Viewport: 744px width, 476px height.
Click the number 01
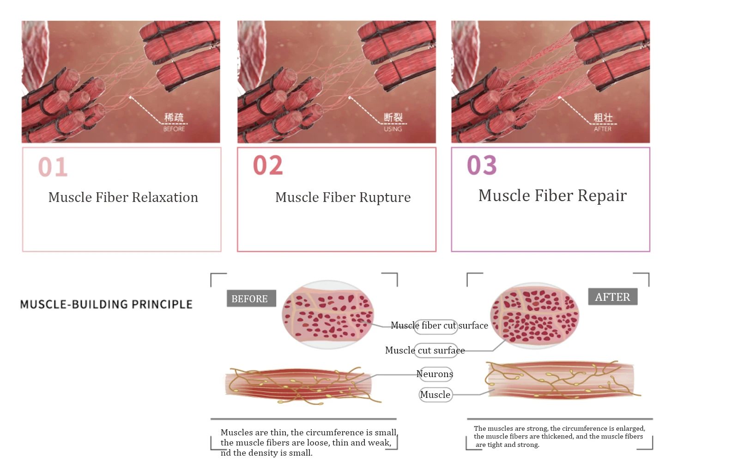click(x=53, y=167)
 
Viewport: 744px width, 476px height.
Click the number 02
click(x=268, y=165)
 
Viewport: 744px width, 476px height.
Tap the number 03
click(x=482, y=165)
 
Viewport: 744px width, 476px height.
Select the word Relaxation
click(x=165, y=197)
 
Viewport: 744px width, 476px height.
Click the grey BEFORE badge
click(x=250, y=299)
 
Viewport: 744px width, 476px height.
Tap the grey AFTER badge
click(x=612, y=297)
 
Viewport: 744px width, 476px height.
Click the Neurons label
click(x=435, y=374)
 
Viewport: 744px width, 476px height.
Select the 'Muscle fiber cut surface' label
click(x=439, y=325)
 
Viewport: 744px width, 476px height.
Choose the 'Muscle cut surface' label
click(x=425, y=350)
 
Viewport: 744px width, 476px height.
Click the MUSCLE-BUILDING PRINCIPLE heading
click(x=106, y=305)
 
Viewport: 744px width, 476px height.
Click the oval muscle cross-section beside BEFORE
click(x=327, y=314)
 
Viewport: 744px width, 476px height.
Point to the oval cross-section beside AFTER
click(x=534, y=316)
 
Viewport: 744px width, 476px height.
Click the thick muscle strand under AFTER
click(x=560, y=380)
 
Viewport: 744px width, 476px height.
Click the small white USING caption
click(x=393, y=129)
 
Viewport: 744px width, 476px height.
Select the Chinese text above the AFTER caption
click(x=603, y=118)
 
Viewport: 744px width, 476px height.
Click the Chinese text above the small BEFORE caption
click(x=174, y=118)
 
